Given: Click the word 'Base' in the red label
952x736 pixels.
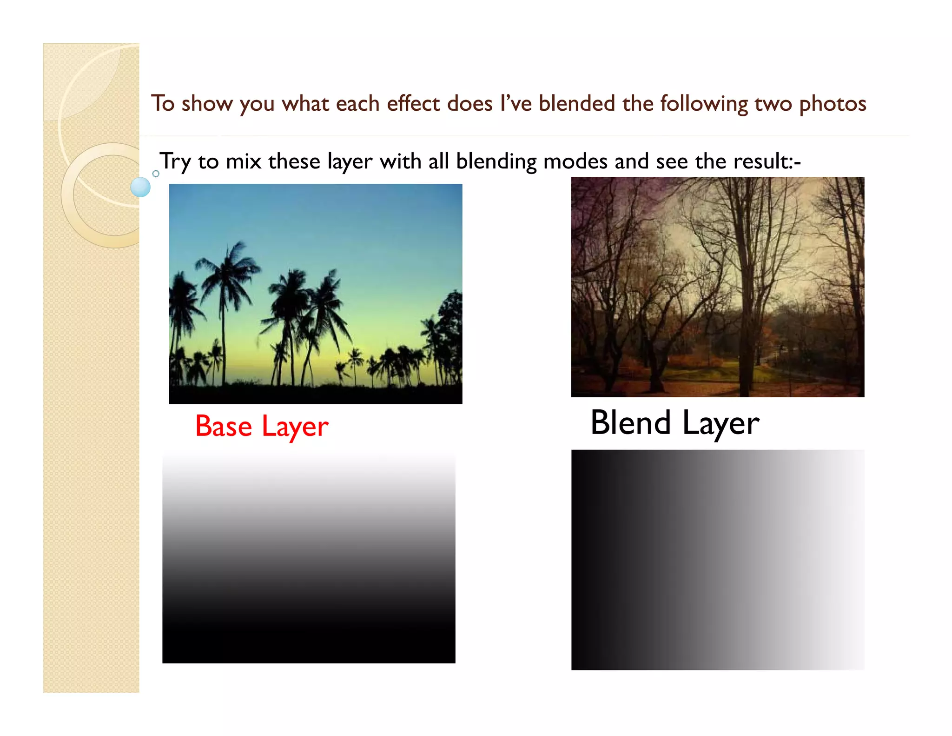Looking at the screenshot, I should tap(224, 426).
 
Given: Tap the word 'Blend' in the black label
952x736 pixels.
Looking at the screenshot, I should tap(630, 423).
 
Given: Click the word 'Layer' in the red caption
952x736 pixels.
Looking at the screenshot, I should tap(295, 427).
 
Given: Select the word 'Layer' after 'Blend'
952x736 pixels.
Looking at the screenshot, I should tap(721, 424).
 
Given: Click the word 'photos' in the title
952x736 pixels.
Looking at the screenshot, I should tap(833, 104).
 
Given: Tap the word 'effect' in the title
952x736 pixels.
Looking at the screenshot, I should tap(413, 103).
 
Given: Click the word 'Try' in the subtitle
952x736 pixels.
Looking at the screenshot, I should tap(175, 162).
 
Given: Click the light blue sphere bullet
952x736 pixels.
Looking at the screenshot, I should tap(140, 187).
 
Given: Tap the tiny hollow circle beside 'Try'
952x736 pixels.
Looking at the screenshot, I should tap(156, 174).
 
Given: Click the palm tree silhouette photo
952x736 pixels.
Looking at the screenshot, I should tap(316, 294).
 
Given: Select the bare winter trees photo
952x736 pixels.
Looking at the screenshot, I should tap(718, 287).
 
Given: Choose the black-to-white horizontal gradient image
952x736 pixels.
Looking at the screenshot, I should tap(718, 560).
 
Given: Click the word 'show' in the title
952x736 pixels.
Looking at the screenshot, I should tap(207, 104).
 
